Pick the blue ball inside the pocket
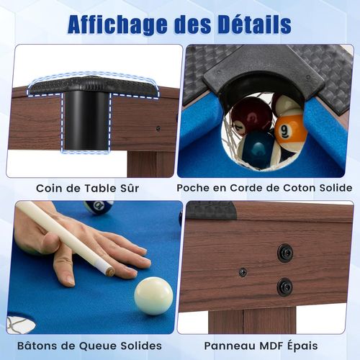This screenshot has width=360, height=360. pos(257,148)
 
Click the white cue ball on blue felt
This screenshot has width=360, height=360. pos(153,295)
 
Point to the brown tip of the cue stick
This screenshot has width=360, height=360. pos(109,271)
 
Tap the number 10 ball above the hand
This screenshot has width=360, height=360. pos(99,207)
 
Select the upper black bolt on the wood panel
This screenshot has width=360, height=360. pos(285,253)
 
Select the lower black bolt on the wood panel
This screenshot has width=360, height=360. pos(285,286)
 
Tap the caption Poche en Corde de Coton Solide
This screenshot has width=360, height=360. pos(265,189)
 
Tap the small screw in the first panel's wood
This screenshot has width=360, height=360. pos(158,129)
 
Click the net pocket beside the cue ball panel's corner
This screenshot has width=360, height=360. pos(19,323)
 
